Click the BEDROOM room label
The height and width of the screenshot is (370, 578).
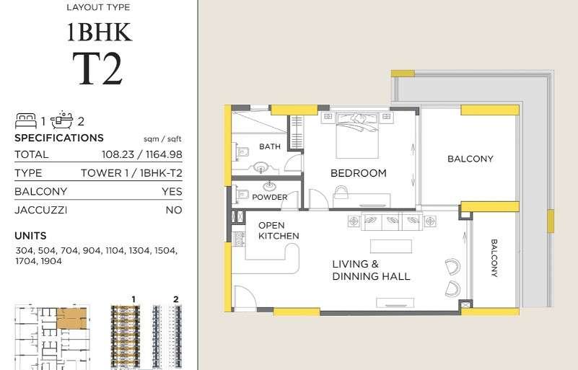[x=359, y=173]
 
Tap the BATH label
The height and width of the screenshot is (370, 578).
[x=270, y=146]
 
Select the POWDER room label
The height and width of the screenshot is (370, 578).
[x=269, y=197]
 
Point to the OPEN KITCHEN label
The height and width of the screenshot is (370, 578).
[x=279, y=231]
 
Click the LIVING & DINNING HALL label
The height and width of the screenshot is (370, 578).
[x=371, y=270]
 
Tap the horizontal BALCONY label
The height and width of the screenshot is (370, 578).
[x=470, y=159]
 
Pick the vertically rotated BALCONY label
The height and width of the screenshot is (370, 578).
[x=494, y=258]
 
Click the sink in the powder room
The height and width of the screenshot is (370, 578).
[x=269, y=185]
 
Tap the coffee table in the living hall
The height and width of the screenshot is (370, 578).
[x=390, y=246]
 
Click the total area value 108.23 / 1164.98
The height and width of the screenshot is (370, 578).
[x=142, y=154]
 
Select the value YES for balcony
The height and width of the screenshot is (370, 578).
[x=172, y=192]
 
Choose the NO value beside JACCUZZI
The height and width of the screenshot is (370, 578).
[x=174, y=210]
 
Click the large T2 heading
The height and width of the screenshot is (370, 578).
[x=97, y=69]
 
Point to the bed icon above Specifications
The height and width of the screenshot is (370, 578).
[x=26, y=120]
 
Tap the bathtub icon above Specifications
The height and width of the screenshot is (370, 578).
[x=62, y=120]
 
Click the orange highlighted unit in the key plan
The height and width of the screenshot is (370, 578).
[x=72, y=319]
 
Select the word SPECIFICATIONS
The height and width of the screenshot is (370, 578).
[x=59, y=138]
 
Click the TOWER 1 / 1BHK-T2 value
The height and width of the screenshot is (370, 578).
[x=131, y=173]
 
